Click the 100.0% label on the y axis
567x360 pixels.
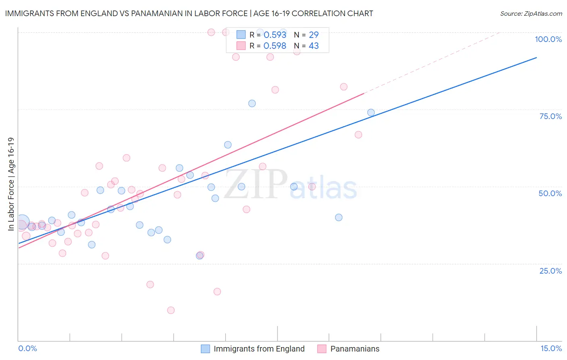click(548, 39)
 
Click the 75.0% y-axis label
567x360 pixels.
click(550, 116)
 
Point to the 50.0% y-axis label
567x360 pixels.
click(550, 193)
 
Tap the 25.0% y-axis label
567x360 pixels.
click(550, 271)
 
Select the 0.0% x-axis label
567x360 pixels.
click(27, 348)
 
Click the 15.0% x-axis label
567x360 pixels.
click(551, 348)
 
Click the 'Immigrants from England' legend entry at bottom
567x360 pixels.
click(259, 349)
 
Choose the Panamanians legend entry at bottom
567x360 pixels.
click(354, 349)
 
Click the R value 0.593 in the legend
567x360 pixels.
click(275, 35)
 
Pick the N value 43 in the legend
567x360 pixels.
click(313, 46)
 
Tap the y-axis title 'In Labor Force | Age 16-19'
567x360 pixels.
click(11, 184)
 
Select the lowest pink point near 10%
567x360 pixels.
click(171, 310)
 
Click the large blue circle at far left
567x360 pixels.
click(22, 222)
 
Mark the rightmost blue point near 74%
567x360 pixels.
click(371, 113)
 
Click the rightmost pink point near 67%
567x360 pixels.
click(358, 135)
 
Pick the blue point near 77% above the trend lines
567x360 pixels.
click(252, 103)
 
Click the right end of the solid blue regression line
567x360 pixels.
click(536, 58)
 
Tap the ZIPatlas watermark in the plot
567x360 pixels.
click(290, 185)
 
